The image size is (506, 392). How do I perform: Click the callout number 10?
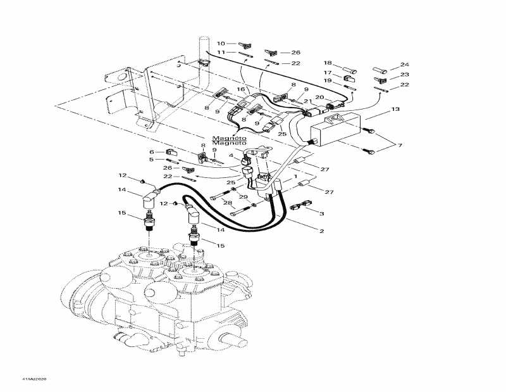coord(221,44)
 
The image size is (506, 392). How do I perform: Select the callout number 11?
coord(221,53)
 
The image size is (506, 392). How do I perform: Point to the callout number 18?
coord(328,63)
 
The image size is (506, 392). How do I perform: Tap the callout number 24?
coord(405,65)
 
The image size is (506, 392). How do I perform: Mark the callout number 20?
coord(319,96)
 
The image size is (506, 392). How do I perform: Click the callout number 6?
coord(152,152)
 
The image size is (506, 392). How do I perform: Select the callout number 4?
coord(231,156)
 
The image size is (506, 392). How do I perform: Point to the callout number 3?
coord(321,214)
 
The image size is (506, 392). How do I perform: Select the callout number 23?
coord(405,75)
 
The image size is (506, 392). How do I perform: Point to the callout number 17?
coord(328,72)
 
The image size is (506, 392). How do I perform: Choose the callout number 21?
coord(308,101)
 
